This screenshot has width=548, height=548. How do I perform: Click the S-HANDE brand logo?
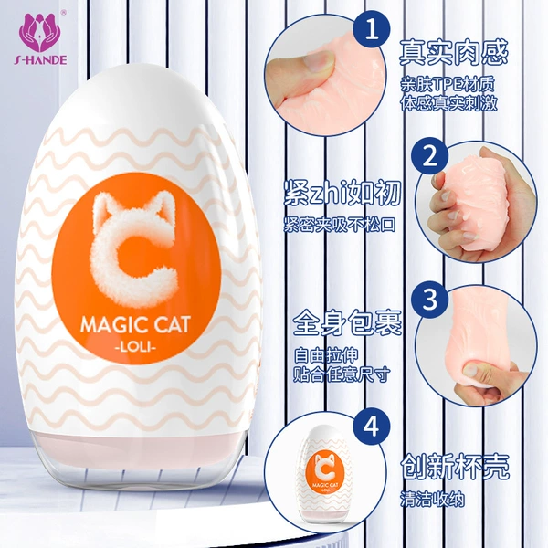click(x=40, y=38)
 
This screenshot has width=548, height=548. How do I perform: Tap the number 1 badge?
click(x=371, y=29)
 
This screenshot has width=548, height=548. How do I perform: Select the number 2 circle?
click(x=430, y=155)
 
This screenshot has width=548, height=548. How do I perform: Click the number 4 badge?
click(x=371, y=427)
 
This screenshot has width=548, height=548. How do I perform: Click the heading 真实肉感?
click(x=453, y=53)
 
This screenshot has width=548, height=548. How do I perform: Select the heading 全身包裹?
click(x=347, y=322)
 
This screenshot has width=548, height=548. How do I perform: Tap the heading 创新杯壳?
click(x=454, y=467)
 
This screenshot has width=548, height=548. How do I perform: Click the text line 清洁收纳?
click(x=432, y=500)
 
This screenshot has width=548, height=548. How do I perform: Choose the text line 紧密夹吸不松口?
click(x=340, y=225)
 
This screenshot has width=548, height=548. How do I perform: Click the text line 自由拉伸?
click(x=326, y=356)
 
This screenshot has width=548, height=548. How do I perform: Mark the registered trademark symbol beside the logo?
click(x=64, y=13)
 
